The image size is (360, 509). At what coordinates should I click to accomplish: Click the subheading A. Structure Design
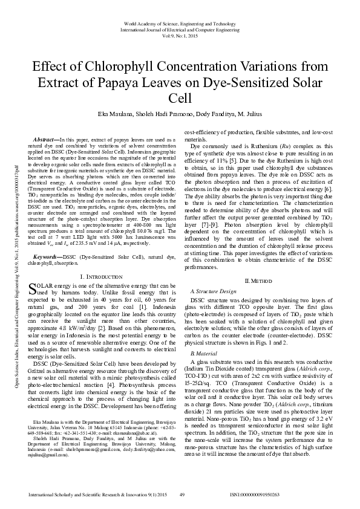[214, 291]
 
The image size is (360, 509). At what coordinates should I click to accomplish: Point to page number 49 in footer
[182, 494]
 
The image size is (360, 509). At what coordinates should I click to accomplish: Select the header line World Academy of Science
[180, 22]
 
